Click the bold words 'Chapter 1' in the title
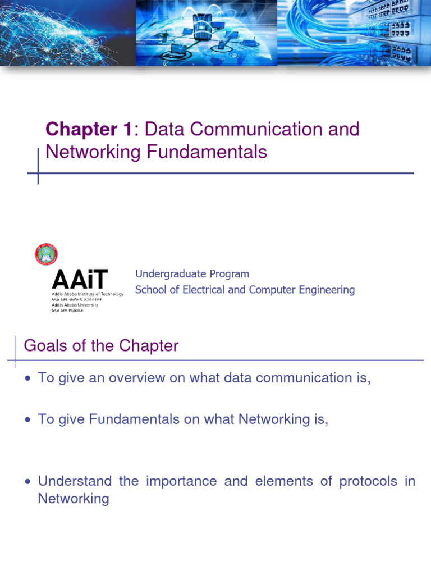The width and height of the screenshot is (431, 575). tap(89, 129)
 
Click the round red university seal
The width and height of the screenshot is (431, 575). tap(46, 254)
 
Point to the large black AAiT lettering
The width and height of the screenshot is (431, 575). tap(80, 280)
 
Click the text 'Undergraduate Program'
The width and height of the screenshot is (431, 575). tap(192, 273)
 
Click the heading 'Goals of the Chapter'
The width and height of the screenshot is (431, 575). tap(101, 346)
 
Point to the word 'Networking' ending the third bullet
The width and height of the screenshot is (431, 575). tap(74, 498)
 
